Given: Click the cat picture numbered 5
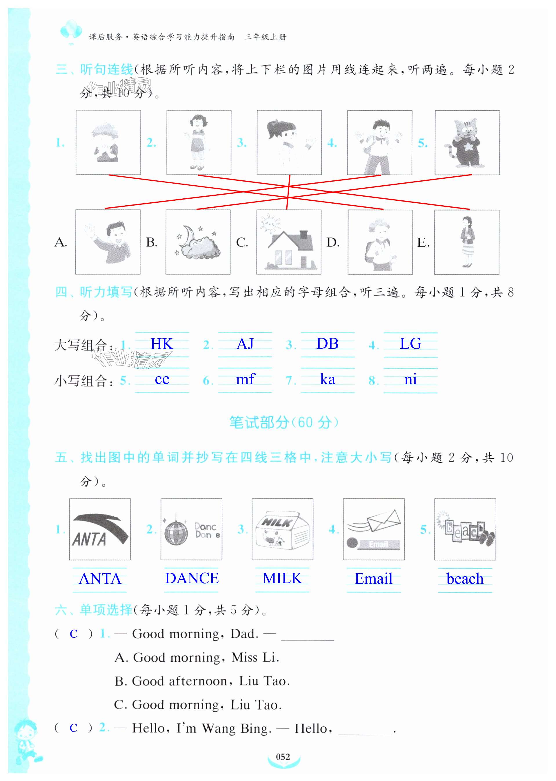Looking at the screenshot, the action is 467,142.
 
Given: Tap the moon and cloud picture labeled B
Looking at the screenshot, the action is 198,242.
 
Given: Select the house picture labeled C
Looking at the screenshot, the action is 289,242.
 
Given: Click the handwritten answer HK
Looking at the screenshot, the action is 162,344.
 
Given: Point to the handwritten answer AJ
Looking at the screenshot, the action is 245,344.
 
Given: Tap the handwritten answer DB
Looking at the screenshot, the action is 327,344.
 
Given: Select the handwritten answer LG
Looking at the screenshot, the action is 410,344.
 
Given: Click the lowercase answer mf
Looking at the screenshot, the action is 246,379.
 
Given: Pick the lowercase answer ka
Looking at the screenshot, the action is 327,380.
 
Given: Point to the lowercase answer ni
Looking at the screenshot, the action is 410,380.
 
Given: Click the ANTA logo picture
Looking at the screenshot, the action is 100,529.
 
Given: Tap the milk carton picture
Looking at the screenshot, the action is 282,529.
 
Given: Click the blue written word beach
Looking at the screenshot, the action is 465,579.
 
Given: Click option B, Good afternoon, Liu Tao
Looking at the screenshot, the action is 202,681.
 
